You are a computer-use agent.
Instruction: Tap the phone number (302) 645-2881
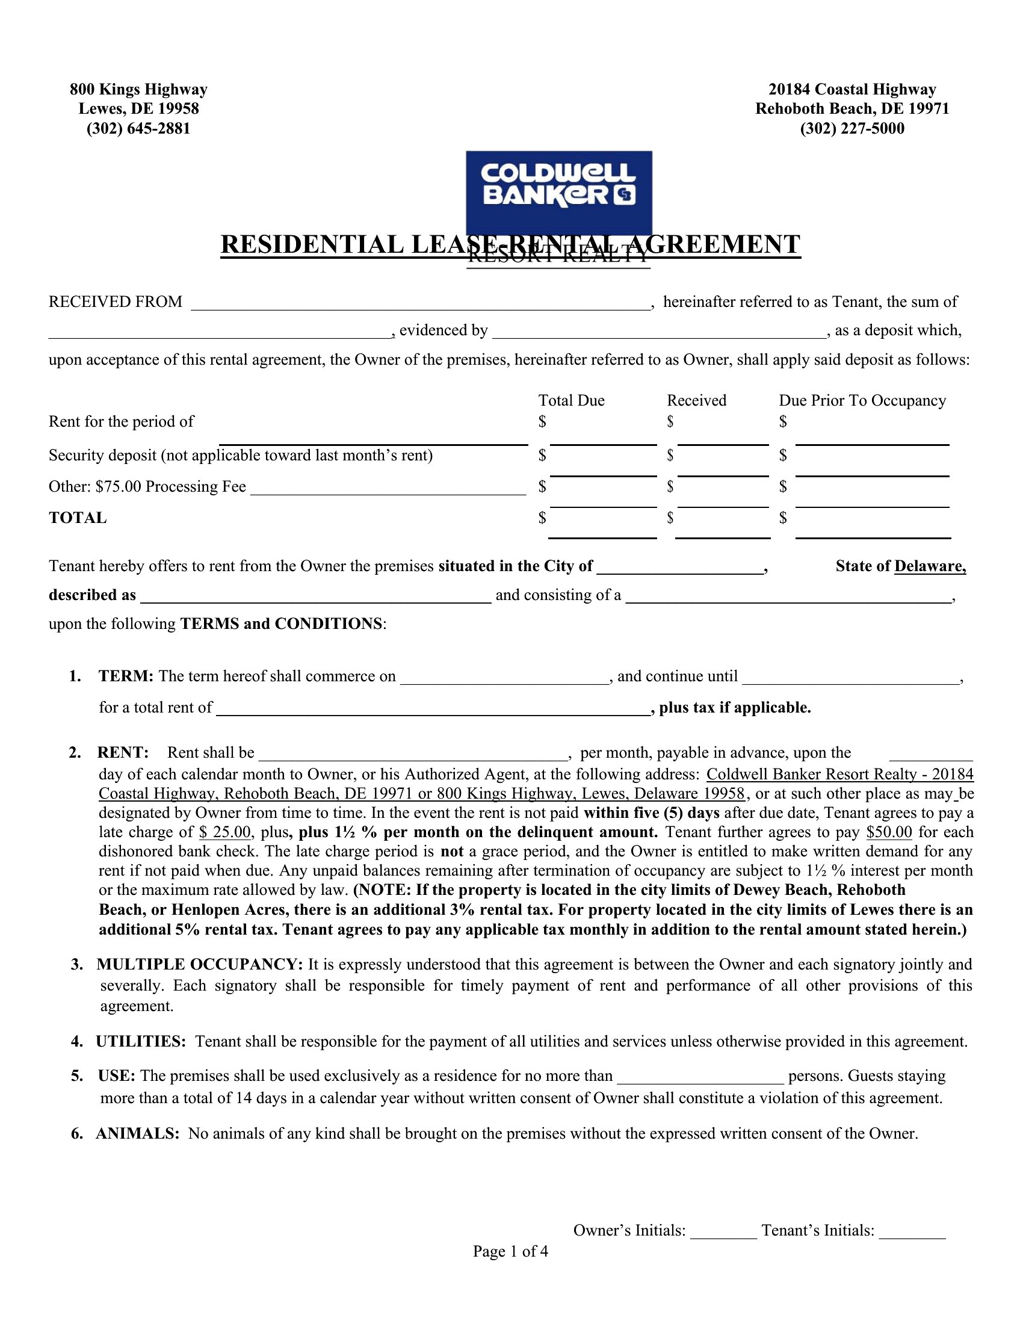click(138, 129)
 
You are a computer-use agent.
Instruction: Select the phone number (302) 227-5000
click(851, 129)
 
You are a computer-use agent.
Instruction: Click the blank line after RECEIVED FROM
click(421, 304)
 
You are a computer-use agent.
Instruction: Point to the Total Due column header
click(571, 400)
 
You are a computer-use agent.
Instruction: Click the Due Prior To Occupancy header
click(862, 400)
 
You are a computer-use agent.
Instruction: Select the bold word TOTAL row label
click(78, 518)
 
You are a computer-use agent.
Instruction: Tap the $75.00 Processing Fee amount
click(118, 487)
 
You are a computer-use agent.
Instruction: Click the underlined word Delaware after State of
click(929, 566)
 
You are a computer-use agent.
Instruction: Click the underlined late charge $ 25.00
click(224, 832)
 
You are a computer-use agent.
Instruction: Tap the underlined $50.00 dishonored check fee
click(889, 832)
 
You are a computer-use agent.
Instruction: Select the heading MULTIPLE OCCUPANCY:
click(199, 965)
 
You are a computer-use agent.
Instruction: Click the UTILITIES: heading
click(141, 1042)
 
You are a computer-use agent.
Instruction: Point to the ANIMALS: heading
click(137, 1134)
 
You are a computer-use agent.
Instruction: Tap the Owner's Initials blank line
click(723, 1232)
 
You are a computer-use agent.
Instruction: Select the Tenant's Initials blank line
click(912, 1232)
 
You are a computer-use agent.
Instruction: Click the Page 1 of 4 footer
click(510, 1251)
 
